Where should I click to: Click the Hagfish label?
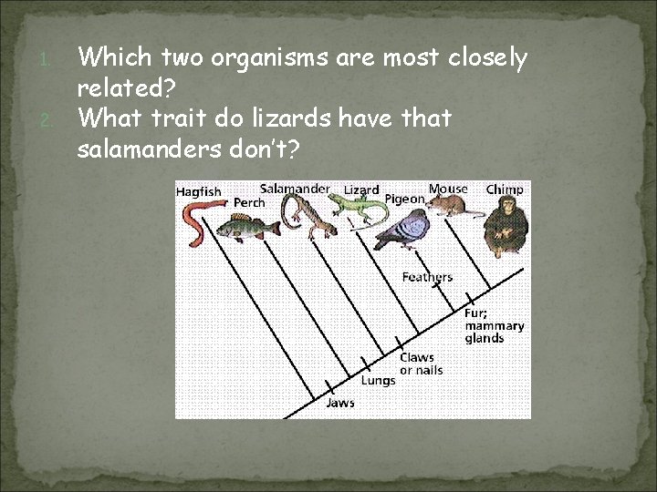pyautogui.click(x=199, y=192)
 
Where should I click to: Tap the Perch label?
pyautogui.click(x=249, y=202)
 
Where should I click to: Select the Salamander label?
pyautogui.click(x=295, y=188)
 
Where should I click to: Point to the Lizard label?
pyautogui.click(x=361, y=190)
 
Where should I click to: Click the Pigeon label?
pyautogui.click(x=404, y=199)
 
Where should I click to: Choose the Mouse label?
pyautogui.click(x=448, y=189)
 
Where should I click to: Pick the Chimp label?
pyautogui.click(x=505, y=190)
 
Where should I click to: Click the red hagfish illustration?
pyautogui.click(x=195, y=224)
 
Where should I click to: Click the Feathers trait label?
pyautogui.click(x=427, y=277)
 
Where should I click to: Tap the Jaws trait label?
pyautogui.click(x=340, y=403)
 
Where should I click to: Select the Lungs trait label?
pyautogui.click(x=378, y=380)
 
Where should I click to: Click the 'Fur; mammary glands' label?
pyautogui.click(x=494, y=325)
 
